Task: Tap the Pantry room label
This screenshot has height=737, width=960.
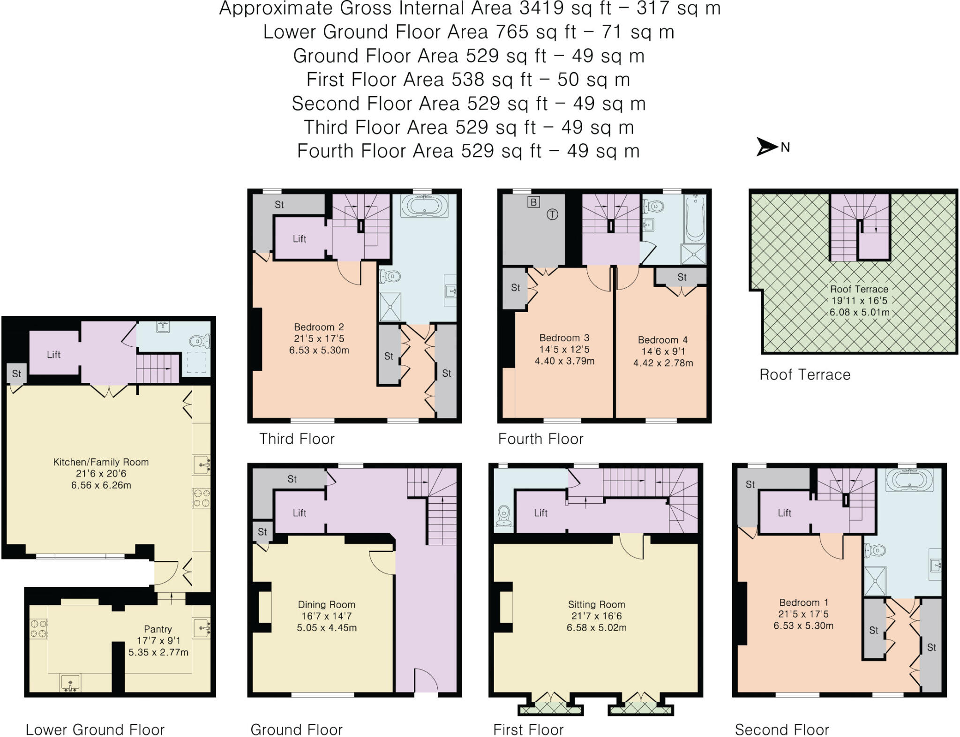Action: pos(158,629)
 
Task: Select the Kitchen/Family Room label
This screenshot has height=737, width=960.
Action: pos(101,462)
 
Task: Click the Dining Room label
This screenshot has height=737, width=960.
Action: pos(326,604)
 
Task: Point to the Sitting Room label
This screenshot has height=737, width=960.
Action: pos(596,604)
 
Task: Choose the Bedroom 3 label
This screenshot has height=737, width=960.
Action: pos(564,338)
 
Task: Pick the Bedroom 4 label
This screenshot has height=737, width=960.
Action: pos(662,340)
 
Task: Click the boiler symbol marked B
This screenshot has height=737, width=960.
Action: pos(533,202)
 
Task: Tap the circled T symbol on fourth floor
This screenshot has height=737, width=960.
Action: pos(553,215)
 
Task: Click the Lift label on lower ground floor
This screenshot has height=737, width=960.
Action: pos(53,355)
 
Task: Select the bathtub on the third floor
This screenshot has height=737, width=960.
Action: pos(424,206)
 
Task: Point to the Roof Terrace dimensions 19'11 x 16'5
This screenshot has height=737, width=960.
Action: pos(859,301)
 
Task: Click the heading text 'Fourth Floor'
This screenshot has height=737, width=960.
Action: pos(540,439)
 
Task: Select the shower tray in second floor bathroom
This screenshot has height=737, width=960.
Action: pos(875,581)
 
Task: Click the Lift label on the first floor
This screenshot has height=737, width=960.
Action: pos(540,513)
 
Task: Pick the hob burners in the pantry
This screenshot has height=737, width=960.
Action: pos(39,629)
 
